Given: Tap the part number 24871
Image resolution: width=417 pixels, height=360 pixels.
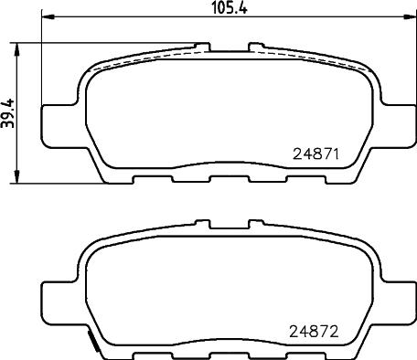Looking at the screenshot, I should pos(316,154).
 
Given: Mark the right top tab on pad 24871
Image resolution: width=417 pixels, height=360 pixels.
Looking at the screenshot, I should pos(256,44).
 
